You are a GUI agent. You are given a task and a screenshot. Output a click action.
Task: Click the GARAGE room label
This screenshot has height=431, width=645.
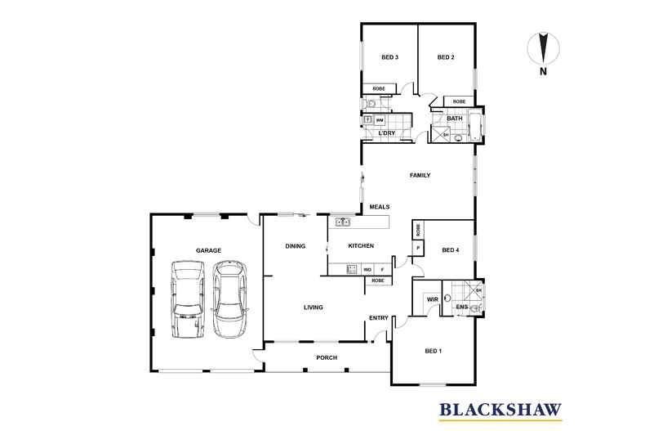208,250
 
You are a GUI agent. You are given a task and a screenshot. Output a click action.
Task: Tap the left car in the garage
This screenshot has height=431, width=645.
187,299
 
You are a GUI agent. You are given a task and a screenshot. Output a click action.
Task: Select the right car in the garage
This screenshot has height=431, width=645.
229,299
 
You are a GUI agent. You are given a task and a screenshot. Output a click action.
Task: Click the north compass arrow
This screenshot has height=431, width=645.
544,48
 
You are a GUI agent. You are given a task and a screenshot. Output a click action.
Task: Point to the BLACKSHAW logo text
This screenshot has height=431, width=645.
500,410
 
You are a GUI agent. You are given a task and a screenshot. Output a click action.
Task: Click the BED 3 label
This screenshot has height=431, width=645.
389,57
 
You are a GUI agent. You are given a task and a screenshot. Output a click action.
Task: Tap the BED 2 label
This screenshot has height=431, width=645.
446,57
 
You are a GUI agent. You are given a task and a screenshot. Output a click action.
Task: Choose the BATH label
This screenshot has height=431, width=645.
455,119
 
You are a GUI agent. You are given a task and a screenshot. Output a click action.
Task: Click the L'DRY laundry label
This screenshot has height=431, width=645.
387,133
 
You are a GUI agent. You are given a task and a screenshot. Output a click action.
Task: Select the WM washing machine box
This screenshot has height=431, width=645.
380,120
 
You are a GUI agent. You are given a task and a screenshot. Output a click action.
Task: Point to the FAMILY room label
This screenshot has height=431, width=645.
420,175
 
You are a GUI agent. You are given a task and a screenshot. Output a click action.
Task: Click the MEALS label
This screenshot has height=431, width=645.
380,207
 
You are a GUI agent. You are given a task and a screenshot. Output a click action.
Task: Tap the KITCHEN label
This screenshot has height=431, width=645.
361,245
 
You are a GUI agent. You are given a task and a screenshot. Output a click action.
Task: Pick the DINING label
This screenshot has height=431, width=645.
295,246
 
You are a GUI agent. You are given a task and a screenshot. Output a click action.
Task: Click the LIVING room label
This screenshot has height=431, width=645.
313,307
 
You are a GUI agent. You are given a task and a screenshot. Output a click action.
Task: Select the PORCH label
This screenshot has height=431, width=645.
327,357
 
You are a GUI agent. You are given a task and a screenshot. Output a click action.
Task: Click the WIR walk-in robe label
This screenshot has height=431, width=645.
433,299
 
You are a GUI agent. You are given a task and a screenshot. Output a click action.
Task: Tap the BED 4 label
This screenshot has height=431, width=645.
451,250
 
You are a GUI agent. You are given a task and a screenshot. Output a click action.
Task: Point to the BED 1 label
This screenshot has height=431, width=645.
434,351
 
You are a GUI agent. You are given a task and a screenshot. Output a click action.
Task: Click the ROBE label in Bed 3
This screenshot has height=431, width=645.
379,88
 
